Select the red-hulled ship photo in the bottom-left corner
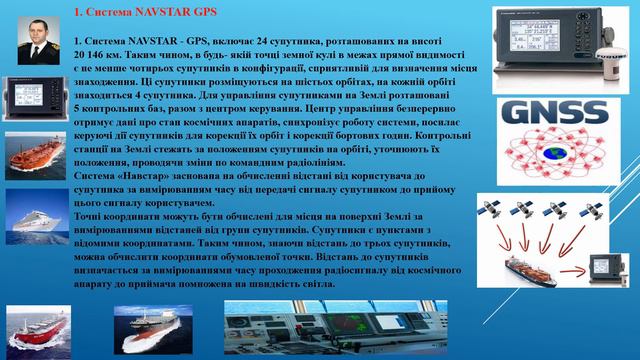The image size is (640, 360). [36, 330]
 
